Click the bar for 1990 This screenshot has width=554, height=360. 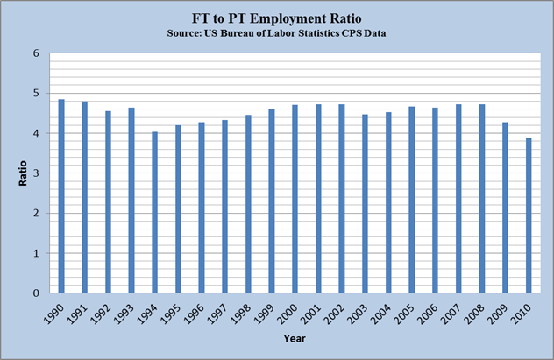click(61, 196)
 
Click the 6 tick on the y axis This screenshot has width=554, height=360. click(37, 53)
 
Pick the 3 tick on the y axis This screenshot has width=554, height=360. click(37, 173)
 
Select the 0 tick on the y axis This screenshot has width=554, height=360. click(37, 293)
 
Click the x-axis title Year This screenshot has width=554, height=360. click(294, 338)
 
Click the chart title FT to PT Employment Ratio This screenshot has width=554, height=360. click(277, 18)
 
